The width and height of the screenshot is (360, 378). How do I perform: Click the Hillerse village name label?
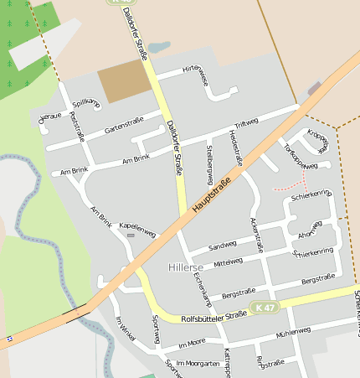(185, 267)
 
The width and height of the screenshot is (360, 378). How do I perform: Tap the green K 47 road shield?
(264, 308)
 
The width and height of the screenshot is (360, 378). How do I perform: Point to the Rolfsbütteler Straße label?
(213, 315)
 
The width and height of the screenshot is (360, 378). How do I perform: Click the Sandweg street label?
(223, 246)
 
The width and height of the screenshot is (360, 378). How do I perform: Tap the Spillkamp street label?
(86, 104)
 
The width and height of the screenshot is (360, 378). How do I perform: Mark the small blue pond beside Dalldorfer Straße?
(158, 47)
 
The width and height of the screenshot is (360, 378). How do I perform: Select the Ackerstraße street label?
(257, 234)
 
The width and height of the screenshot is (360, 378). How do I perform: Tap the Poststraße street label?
(79, 128)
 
